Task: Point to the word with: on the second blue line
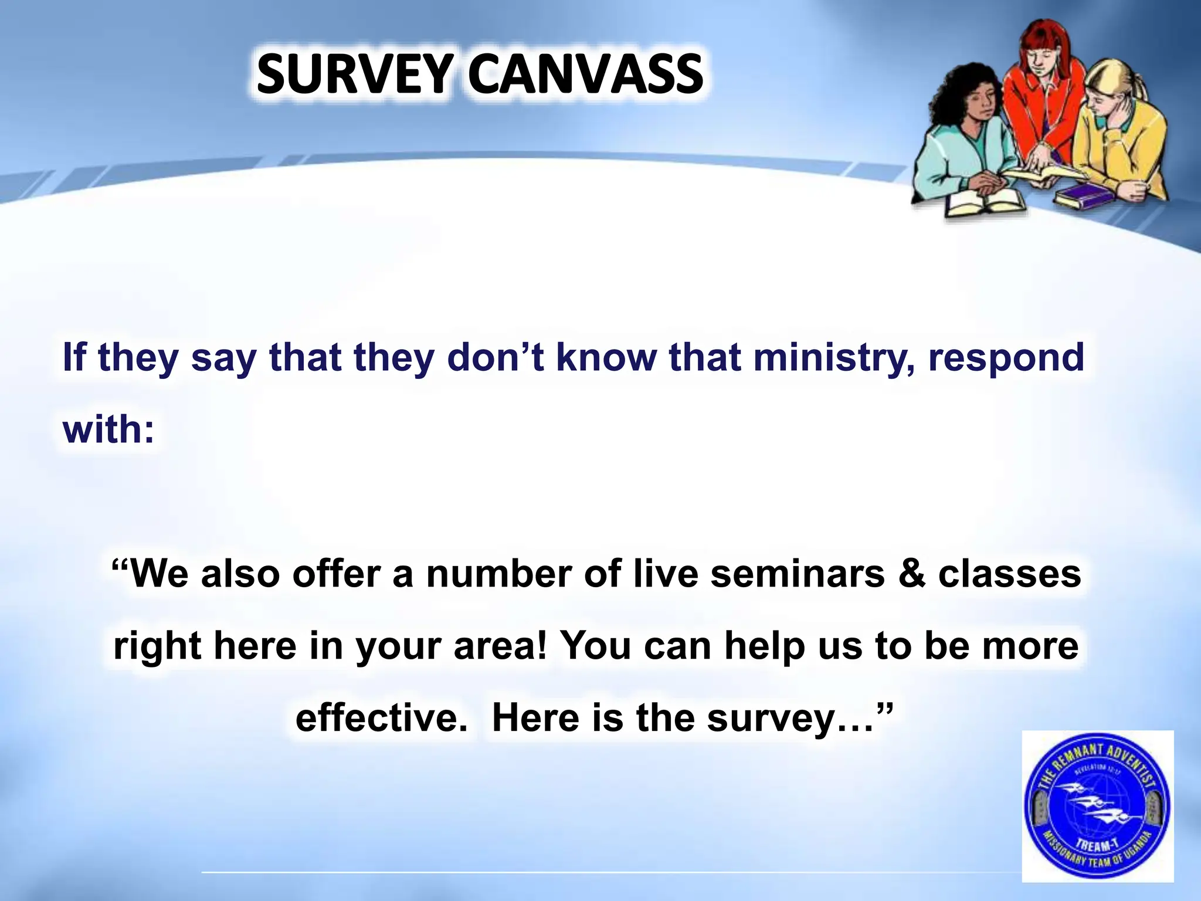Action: coord(108,429)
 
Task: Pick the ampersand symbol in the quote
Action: coord(911,574)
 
